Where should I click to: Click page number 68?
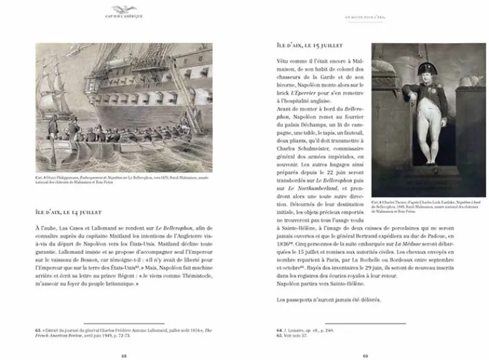[x=124, y=355]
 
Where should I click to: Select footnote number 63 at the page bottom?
[x=38, y=330]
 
